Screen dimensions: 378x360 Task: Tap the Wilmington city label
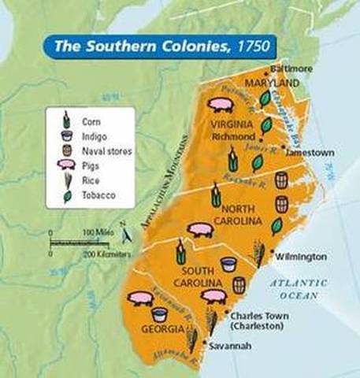(300, 257)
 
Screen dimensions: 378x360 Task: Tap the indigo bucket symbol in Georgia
(159, 314)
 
